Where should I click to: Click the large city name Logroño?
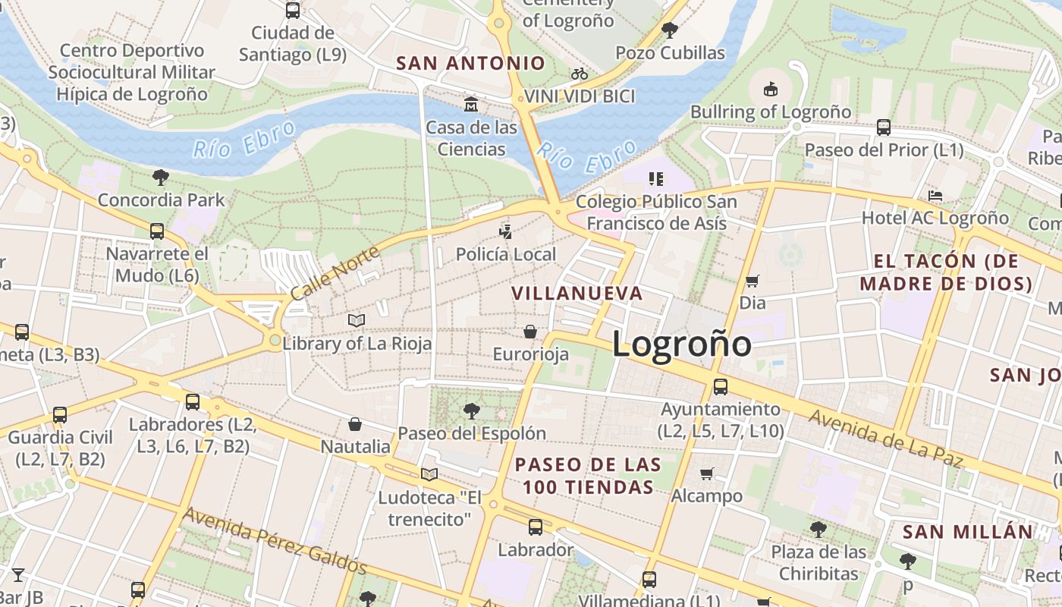point(681,344)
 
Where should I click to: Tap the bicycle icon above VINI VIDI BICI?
point(580,74)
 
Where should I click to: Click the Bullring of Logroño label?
point(770,112)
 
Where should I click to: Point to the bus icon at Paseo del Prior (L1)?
point(884,127)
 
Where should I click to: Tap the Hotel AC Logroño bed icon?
point(935,196)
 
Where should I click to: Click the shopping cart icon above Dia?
point(753,281)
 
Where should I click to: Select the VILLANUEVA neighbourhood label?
point(577,293)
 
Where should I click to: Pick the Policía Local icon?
point(506,231)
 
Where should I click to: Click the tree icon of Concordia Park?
point(160,178)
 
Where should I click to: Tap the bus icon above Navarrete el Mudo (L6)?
point(157,231)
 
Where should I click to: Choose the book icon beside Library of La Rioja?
point(357,321)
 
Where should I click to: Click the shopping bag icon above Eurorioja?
point(530,332)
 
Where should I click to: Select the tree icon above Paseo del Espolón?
point(472,411)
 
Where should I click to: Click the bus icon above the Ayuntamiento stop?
point(721,387)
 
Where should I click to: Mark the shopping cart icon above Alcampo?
point(706,474)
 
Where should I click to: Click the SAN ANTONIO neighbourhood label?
point(471,64)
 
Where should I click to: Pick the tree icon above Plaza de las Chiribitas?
point(818,529)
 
